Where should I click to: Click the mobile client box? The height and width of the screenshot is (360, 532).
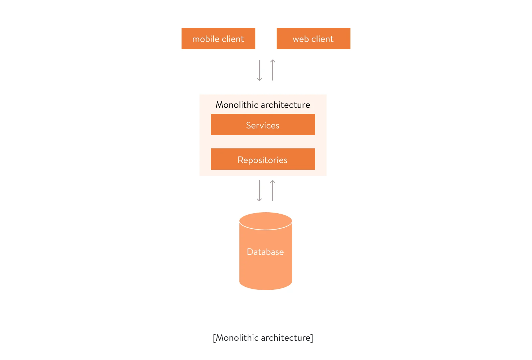[x=218, y=39]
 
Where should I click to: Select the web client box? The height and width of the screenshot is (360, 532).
[x=313, y=39]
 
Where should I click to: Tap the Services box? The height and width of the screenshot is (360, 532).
[x=263, y=124]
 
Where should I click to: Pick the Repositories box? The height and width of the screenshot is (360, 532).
[x=263, y=159]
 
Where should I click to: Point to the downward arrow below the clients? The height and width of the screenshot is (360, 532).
[x=259, y=70]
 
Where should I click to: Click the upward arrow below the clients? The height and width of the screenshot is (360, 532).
[x=273, y=70]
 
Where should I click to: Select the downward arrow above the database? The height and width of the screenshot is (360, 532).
[x=259, y=191]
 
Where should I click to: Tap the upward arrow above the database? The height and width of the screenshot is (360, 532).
[x=273, y=190]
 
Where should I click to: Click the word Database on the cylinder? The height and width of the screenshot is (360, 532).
[x=265, y=252]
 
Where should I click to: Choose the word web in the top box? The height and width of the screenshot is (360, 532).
[x=301, y=39]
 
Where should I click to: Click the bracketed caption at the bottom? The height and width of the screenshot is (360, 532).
[x=263, y=338]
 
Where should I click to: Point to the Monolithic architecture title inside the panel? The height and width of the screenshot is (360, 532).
[x=263, y=105]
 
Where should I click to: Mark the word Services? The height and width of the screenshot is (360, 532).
[x=263, y=125]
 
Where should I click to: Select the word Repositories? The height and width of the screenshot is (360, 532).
[x=262, y=160]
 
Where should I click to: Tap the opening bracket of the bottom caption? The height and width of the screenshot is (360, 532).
[x=214, y=338]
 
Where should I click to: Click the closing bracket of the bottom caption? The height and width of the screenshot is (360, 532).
[x=312, y=338]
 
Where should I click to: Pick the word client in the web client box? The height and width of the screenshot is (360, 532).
[x=322, y=39]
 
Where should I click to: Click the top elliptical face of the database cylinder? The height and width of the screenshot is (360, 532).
[x=265, y=220]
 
